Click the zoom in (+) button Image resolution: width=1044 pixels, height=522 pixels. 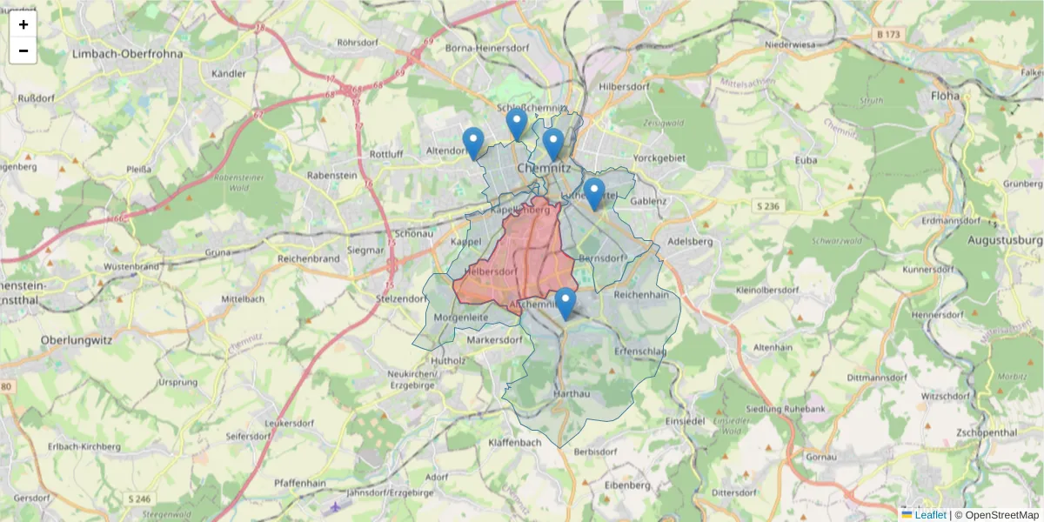point(23,24)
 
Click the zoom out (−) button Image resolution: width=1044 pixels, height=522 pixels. point(23,50)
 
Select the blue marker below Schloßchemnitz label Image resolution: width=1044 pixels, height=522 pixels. point(517,124)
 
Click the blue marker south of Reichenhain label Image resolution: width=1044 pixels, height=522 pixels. point(565,304)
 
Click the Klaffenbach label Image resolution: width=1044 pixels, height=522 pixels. point(515,442)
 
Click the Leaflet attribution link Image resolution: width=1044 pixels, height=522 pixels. point(930,515)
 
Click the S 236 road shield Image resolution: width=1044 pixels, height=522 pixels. point(766,205)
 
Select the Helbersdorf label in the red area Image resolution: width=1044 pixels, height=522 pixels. point(492,271)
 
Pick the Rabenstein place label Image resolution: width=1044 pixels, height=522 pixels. point(332,175)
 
